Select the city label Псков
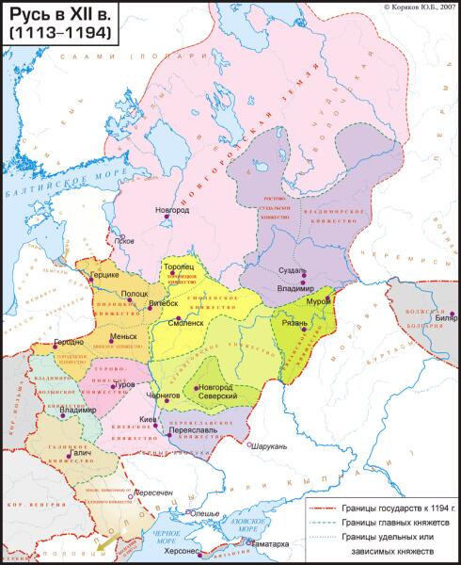click(121, 238)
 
